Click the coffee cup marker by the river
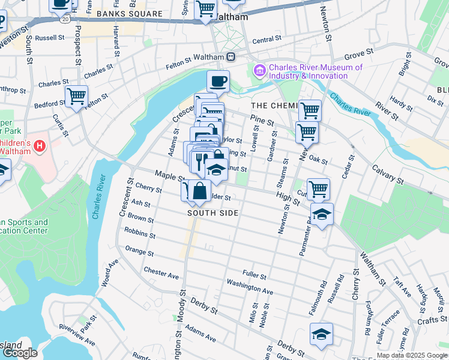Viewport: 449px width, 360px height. [218, 81]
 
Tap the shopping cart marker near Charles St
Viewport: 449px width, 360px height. [77, 96]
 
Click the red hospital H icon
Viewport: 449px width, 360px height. [39, 145]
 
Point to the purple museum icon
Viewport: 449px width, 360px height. [260, 71]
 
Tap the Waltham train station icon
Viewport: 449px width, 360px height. [231, 56]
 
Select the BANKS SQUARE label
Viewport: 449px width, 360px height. [129, 13]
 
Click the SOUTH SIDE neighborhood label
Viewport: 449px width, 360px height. [212, 213]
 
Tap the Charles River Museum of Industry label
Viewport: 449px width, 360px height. [315, 71]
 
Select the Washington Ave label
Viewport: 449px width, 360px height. [250, 286]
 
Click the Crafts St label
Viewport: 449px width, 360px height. [429, 321]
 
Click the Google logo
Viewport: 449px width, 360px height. [20, 352]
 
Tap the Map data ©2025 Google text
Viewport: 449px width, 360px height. [411, 355]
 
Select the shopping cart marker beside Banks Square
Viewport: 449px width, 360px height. [206, 10]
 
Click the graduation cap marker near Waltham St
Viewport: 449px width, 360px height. [322, 214]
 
